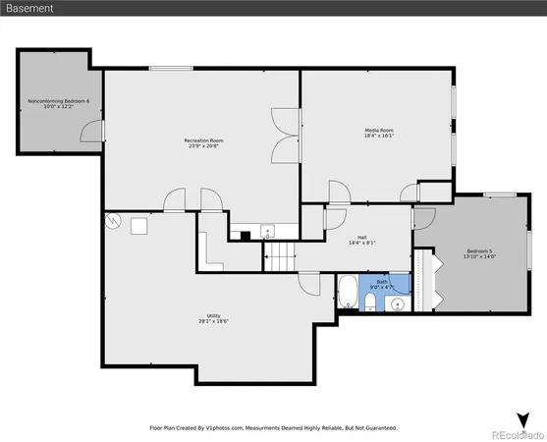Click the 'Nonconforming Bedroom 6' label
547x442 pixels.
pyautogui.click(x=58, y=101)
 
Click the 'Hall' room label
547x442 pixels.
pyautogui.click(x=361, y=237)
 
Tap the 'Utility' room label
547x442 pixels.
pyautogui.click(x=213, y=315)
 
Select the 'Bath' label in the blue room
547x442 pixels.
pyautogui.click(x=382, y=281)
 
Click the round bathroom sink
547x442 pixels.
pyautogui.click(x=398, y=304)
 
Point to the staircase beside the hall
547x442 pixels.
pyautogui.click(x=281, y=257)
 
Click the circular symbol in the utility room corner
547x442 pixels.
pyautogui.click(x=114, y=222)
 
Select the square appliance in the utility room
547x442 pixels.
pyautogui.click(x=138, y=226)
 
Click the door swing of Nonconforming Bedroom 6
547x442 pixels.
pyautogui.click(x=89, y=131)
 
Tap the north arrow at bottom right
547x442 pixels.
pyautogui.click(x=522, y=419)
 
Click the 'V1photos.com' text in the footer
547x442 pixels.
pyautogui.click(x=231, y=428)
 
